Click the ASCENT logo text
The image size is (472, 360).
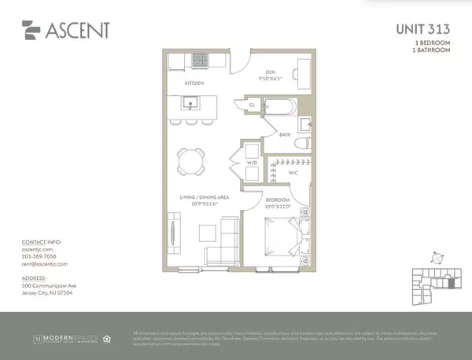[x=77, y=31]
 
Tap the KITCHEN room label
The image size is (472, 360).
[x=194, y=82]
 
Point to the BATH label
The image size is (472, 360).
[x=285, y=134]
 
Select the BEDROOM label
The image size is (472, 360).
[x=277, y=200]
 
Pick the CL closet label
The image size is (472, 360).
[x=251, y=104]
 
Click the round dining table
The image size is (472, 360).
[x=190, y=161]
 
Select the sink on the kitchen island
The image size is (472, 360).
[x=190, y=102]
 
